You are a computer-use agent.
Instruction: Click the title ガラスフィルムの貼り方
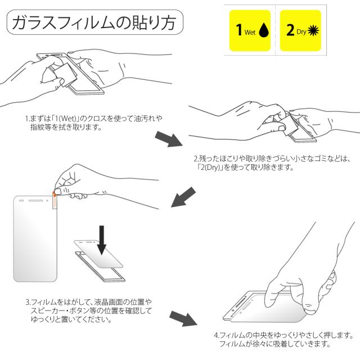pyautogui.click(x=94, y=22)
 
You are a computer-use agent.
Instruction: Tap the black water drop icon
pyautogui.click(x=264, y=30)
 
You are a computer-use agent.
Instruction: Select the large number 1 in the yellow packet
pyautogui.click(x=239, y=30)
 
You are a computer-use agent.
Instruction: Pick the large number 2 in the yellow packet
pyautogui.click(x=290, y=30)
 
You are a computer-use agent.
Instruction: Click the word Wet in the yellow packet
pyautogui.click(x=250, y=32)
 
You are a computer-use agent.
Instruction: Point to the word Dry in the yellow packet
pyautogui.click(x=301, y=32)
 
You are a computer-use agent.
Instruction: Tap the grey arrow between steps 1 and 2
pyautogui.click(x=169, y=139)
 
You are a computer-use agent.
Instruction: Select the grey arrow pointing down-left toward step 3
pyautogui.click(x=183, y=197)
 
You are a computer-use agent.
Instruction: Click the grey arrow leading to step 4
pyautogui.click(x=183, y=319)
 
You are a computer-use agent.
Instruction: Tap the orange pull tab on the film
pyautogui.click(x=55, y=200)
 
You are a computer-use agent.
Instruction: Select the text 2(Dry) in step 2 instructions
pyautogui.click(x=209, y=168)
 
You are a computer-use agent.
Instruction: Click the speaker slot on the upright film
pyautogui.click(x=35, y=200)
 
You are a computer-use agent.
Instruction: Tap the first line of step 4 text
pyautogui.click(x=283, y=335)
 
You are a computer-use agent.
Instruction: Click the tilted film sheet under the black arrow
pyautogui.click(x=98, y=254)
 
